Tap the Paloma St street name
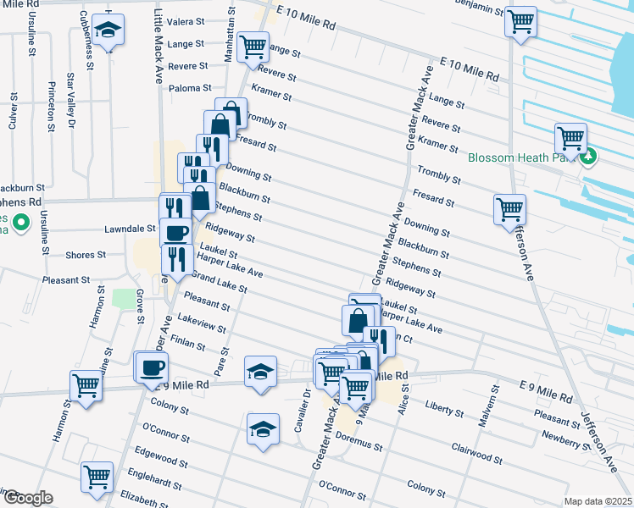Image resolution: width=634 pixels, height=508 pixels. tap(189, 88)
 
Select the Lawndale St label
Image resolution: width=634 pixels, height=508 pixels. tap(126, 229)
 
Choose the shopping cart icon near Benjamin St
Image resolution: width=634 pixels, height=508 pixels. tap(520, 20)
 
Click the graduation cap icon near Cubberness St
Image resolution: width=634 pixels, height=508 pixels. tap(108, 29)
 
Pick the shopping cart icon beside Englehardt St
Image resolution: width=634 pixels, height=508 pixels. tap(97, 477)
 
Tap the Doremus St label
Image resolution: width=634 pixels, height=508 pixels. tap(359, 439)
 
